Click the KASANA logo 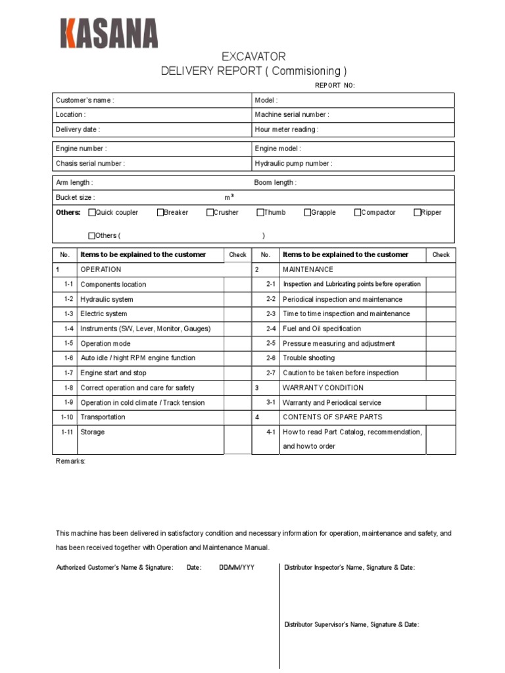pos(108,33)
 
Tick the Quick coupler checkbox pos(92,212)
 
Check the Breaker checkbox pos(160,212)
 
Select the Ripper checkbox pos(417,212)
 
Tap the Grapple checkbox pos(307,212)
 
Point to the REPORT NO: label pos(335,85)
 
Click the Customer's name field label pos(85,100)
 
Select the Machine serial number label pos(292,114)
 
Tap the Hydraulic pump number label pos(293,164)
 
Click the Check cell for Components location pos(237,285)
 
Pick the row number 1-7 pos(68,373)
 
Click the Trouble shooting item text pos(308,358)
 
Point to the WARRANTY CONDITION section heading pos(323,388)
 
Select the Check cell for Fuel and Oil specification pos(441,329)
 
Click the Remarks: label pos(70,461)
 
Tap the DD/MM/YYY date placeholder pos(237,567)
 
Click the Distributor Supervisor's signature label pos(351,625)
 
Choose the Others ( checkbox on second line pos(92,235)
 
